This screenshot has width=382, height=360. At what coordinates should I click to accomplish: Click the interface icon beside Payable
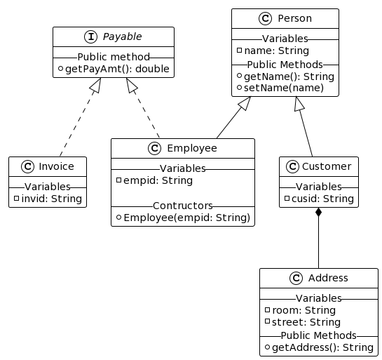pos(91,36)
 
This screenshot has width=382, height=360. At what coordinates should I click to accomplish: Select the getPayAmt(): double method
pos(117,69)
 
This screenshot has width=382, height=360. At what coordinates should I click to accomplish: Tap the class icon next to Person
pos(265,18)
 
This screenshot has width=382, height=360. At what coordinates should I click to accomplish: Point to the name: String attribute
pos(276,51)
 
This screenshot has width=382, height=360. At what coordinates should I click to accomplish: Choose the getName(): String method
pos(289,76)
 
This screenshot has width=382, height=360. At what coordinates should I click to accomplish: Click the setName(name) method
pos(284,88)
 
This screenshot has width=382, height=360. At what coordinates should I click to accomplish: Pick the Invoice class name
pos(56,166)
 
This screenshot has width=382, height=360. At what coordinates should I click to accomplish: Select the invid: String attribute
pos(52,199)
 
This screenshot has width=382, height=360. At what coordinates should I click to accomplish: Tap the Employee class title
pos(192,148)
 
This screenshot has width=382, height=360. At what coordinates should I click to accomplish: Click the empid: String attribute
pos(158,181)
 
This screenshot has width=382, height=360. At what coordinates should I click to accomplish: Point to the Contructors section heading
pos(183,206)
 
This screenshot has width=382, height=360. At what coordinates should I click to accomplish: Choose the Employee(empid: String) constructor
pos(187,218)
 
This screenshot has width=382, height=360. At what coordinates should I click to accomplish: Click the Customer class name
pos(327,166)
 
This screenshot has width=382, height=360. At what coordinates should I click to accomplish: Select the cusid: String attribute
pos(323,199)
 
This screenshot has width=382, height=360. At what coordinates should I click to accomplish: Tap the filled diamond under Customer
pos(318,212)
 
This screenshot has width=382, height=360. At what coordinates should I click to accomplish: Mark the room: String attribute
pos(303,310)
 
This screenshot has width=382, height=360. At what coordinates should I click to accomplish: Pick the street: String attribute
pos(306,322)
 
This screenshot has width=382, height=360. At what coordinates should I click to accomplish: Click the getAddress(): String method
pos(323,347)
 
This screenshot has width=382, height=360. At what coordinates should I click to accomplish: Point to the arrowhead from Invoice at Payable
pos(96,85)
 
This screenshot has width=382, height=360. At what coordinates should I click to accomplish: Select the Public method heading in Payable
pos(114,57)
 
